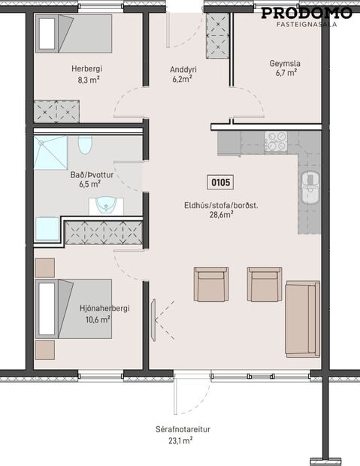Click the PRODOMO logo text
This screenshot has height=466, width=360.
(307, 12)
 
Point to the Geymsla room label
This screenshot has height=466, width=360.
(285, 64)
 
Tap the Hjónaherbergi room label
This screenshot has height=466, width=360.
(95, 307)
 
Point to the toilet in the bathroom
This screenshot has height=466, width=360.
(85, 144)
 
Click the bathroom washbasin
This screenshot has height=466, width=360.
(107, 204)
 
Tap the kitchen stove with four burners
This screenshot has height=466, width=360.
(276, 141)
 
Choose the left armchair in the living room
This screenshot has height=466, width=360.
(210, 284)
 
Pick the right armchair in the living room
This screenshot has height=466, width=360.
(265, 284)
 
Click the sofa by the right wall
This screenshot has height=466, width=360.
(303, 319)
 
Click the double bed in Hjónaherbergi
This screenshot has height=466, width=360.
(74, 309)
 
